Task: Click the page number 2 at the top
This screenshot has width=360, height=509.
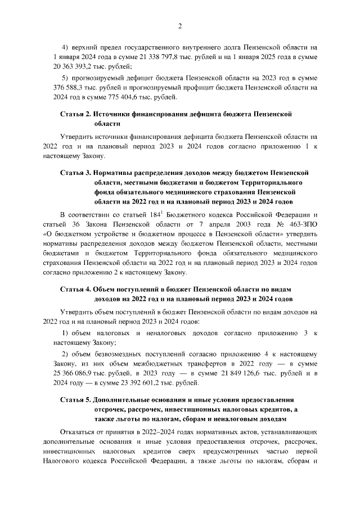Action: (180, 25)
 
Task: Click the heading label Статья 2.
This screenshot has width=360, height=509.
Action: (75, 114)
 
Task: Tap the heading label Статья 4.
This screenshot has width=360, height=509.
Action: (75, 289)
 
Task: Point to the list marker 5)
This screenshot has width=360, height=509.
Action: (66, 78)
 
